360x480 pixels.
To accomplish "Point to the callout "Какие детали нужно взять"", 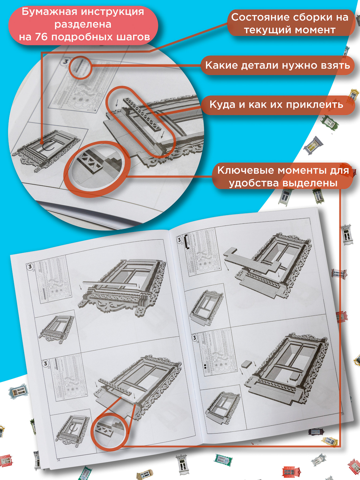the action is [278, 65].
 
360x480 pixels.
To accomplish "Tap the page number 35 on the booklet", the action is [342, 413].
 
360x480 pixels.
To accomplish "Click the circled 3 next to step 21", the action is [30, 267].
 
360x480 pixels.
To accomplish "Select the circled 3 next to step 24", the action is [194, 338].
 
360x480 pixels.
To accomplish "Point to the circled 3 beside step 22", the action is [45, 364].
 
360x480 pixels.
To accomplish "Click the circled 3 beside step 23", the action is [179, 240].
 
